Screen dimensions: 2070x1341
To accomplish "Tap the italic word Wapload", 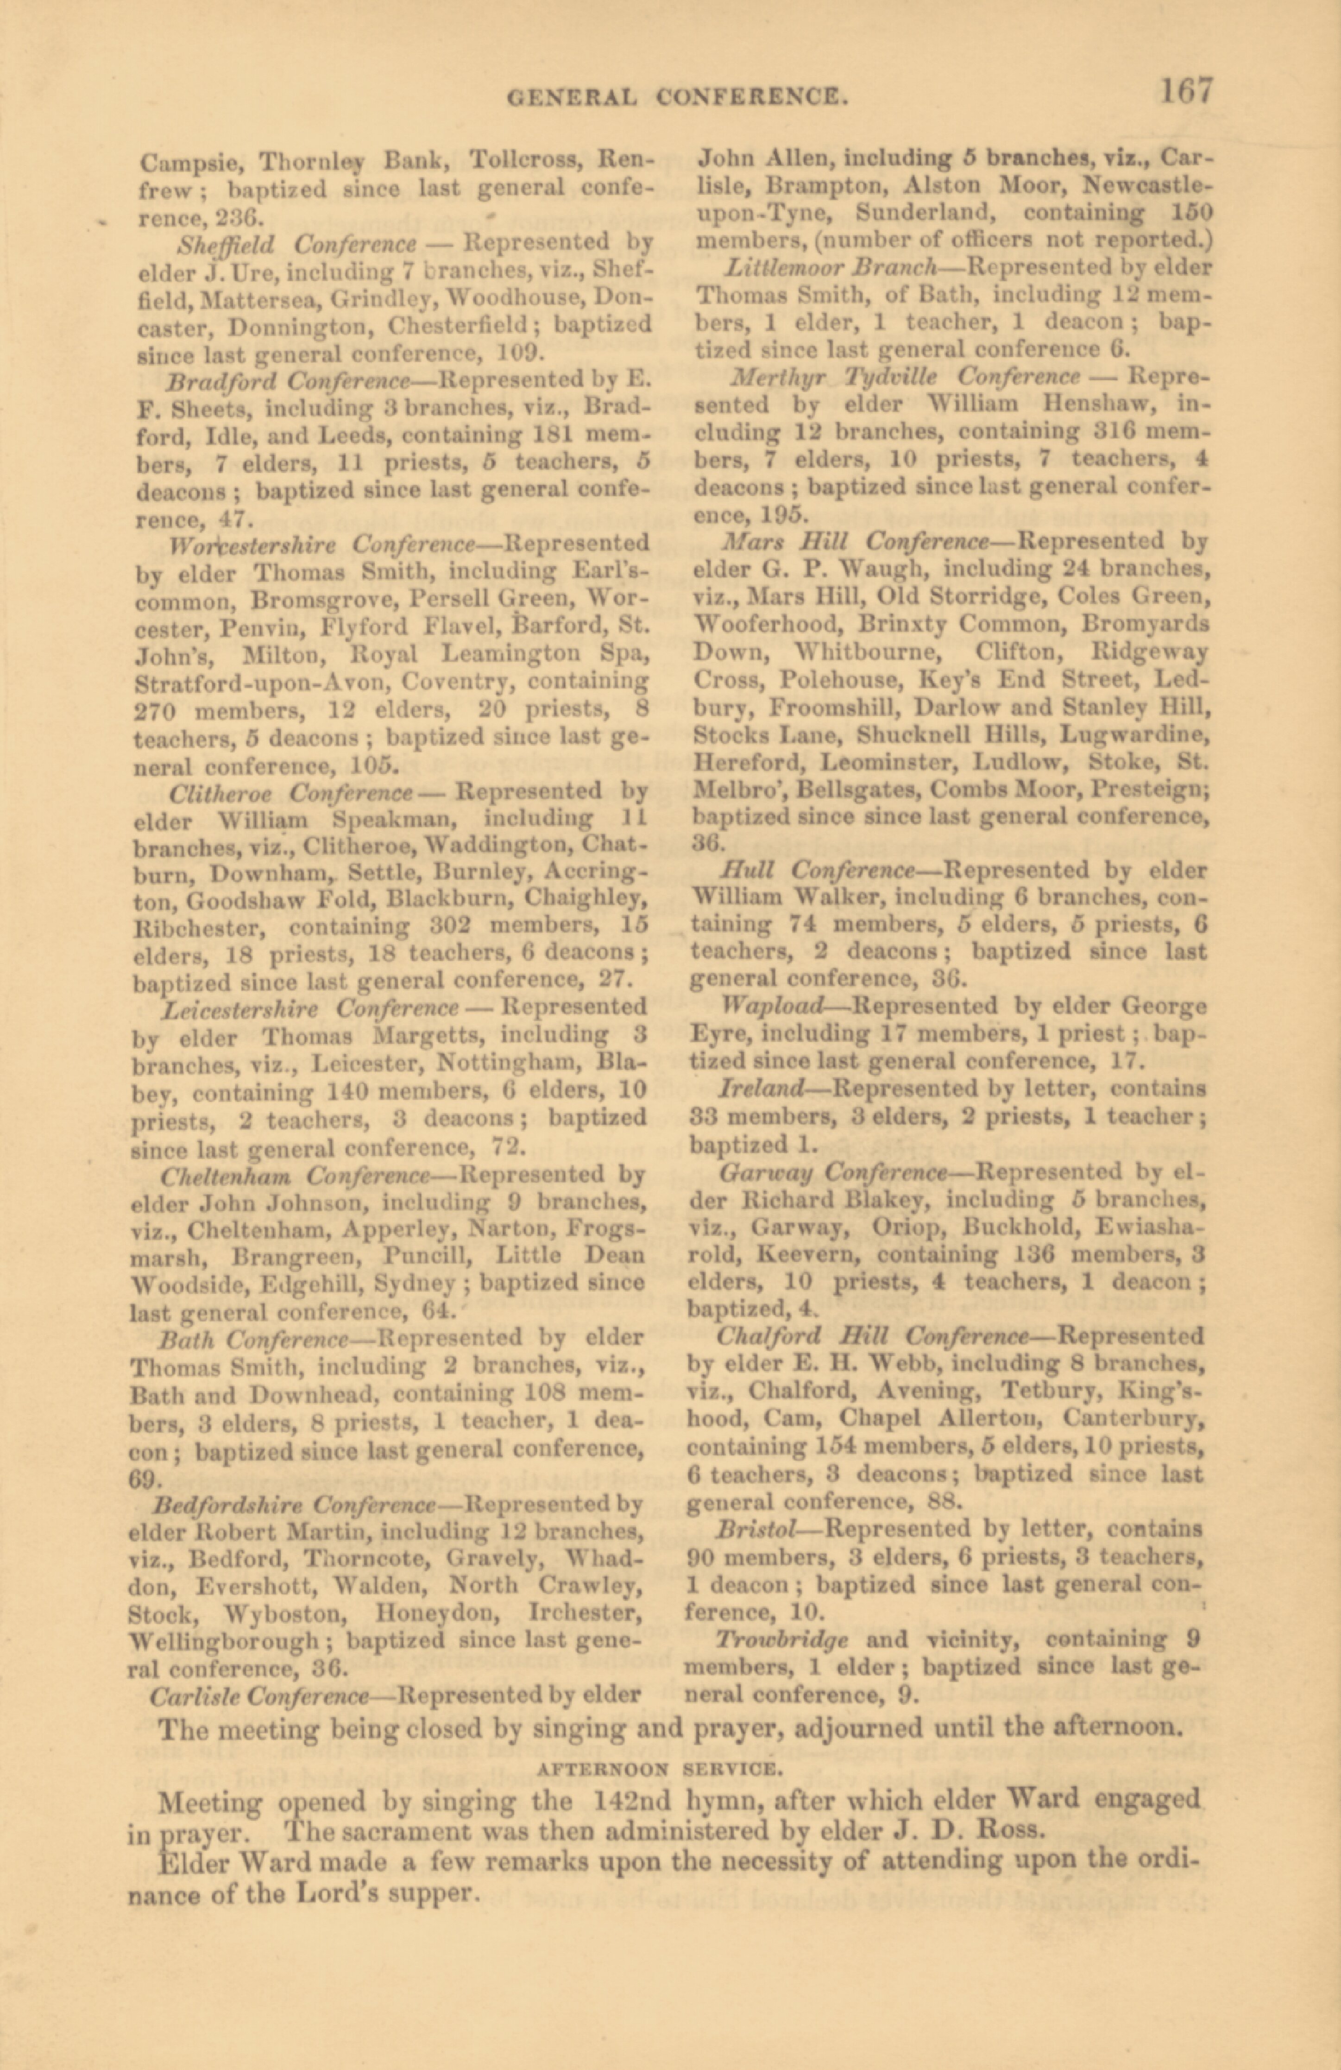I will (772, 1007).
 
